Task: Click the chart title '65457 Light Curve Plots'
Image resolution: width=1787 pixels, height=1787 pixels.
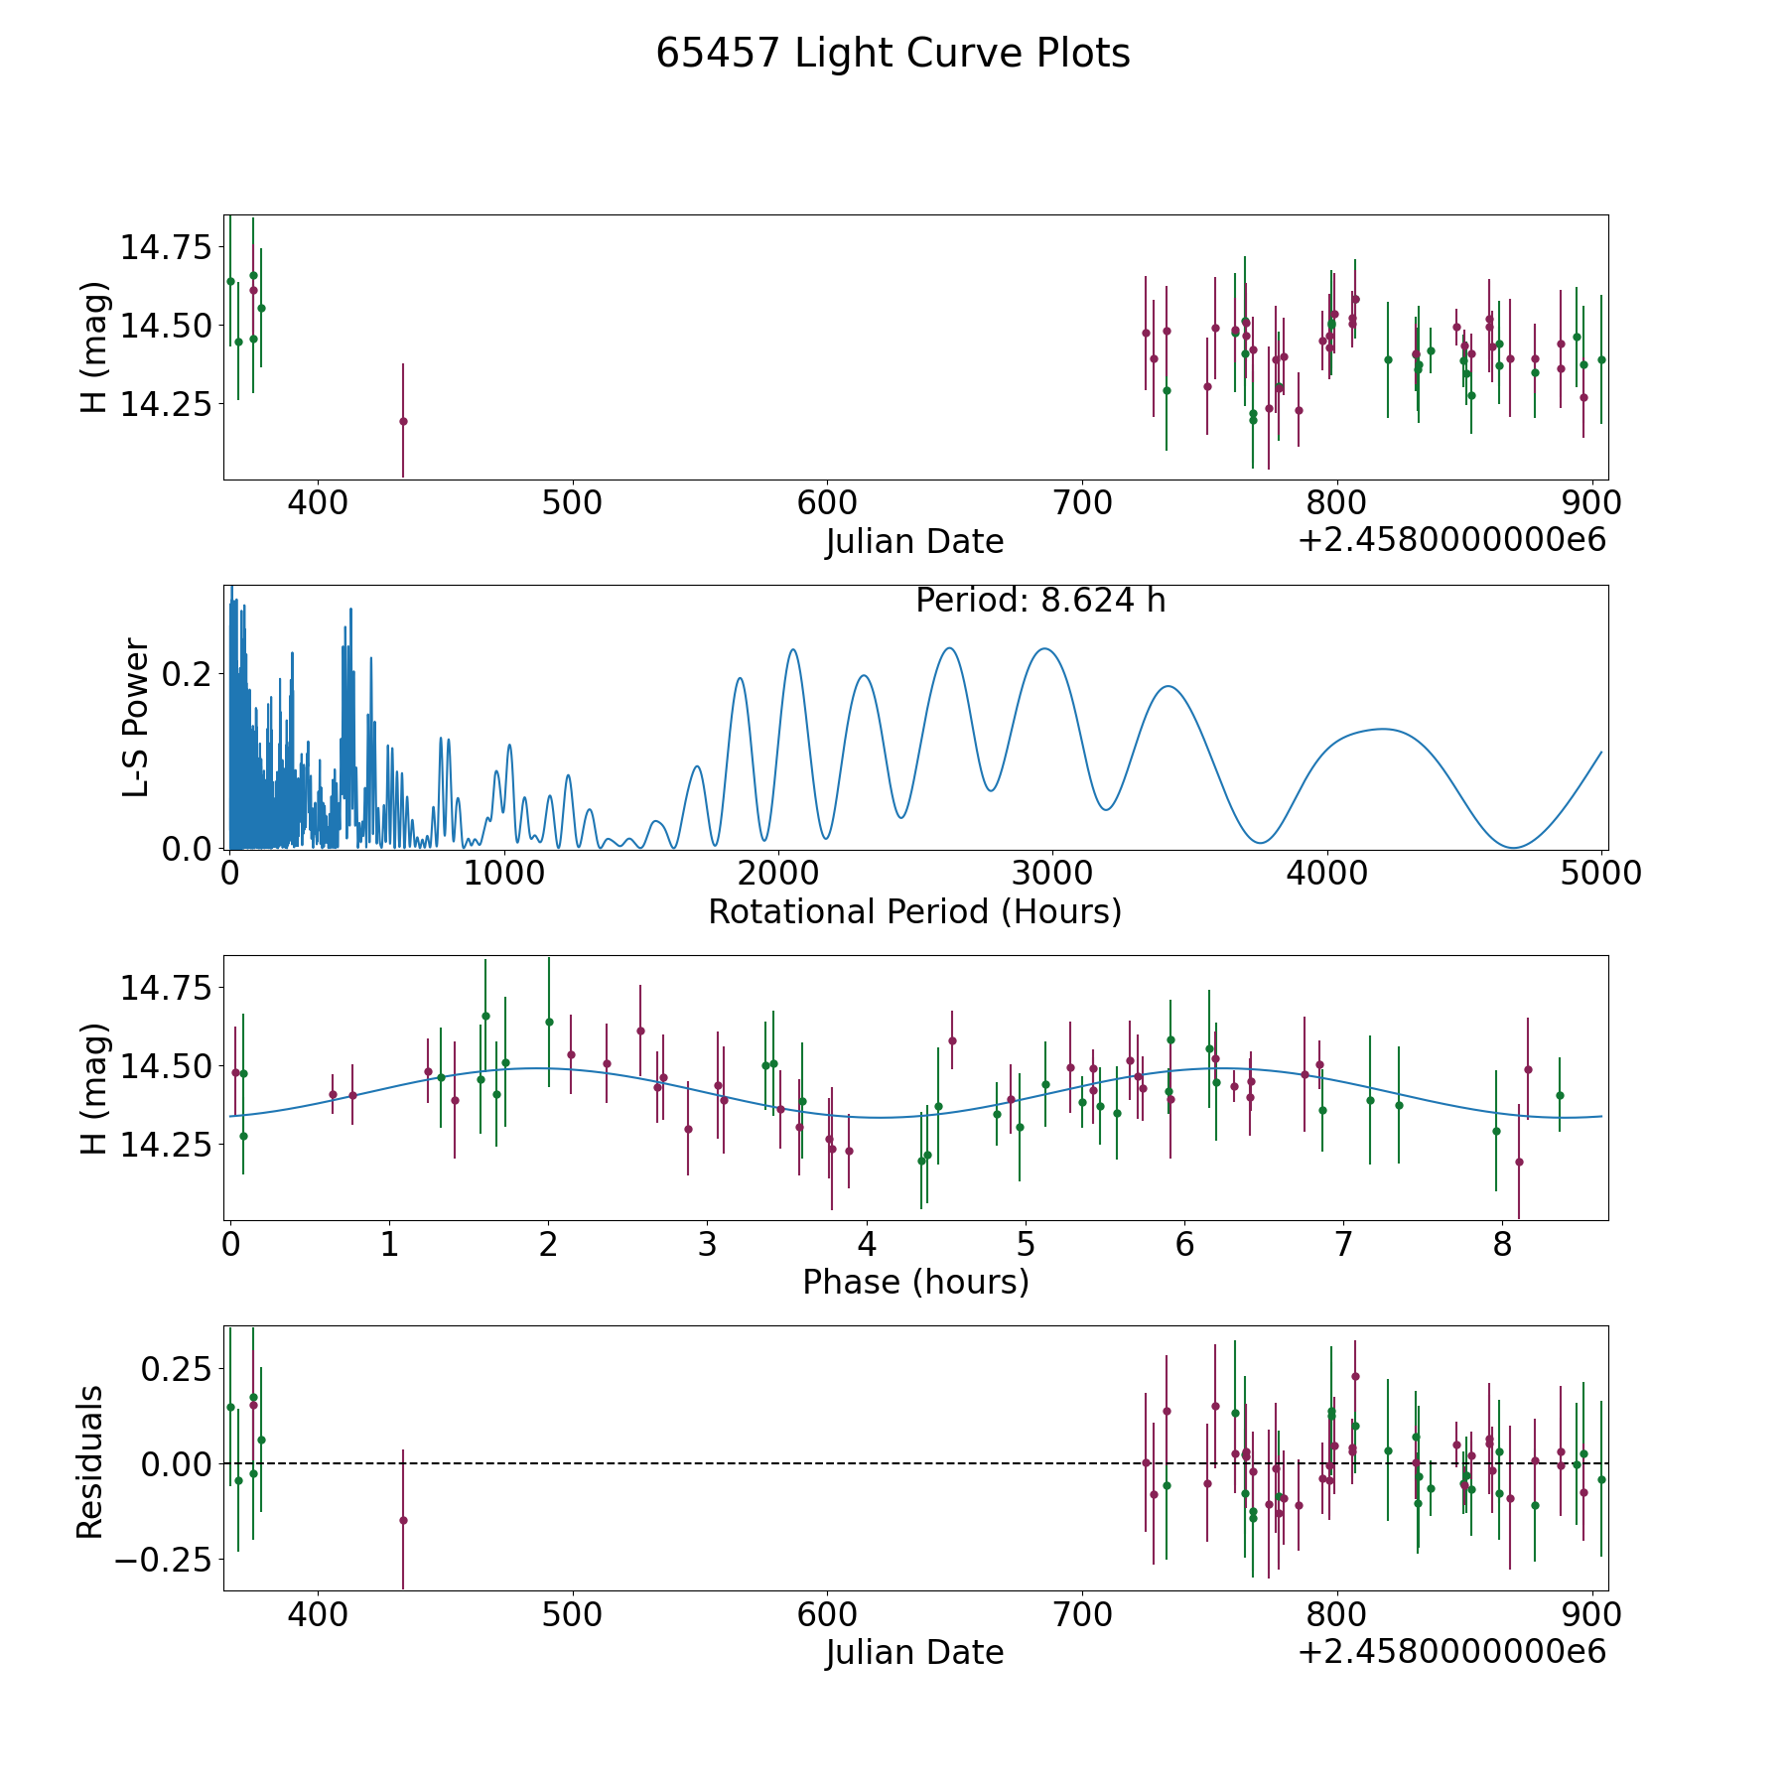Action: click(893, 54)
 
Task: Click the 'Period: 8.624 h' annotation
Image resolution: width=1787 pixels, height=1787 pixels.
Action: click(1040, 601)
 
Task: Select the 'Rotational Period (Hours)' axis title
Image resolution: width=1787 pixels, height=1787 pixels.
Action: click(915, 911)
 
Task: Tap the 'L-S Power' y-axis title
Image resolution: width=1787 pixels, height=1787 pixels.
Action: click(136, 718)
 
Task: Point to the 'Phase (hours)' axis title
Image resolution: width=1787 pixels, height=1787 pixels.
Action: click(915, 1282)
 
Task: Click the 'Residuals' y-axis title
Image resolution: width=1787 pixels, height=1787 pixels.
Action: click(90, 1462)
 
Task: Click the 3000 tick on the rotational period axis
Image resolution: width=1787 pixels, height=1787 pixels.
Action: click(1051, 873)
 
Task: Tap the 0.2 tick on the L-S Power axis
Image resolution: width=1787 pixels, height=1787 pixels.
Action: click(186, 673)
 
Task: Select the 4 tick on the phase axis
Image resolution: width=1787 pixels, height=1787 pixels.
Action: click(867, 1243)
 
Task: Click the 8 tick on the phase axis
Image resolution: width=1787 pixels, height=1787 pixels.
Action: click(1503, 1243)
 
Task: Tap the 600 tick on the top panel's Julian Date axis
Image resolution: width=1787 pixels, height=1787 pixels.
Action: click(827, 502)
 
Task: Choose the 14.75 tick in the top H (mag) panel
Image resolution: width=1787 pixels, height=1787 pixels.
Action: click(166, 246)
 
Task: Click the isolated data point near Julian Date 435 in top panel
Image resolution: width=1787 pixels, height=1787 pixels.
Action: click(403, 421)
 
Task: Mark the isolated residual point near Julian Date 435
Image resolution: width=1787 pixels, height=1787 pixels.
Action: click(403, 1520)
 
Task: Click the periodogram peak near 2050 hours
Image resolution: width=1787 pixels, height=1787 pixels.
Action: click(793, 649)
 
